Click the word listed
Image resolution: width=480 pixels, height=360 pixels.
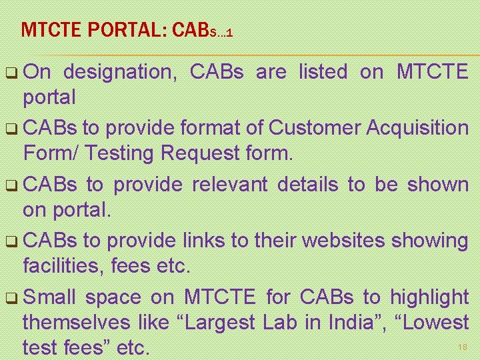click(x=322, y=72)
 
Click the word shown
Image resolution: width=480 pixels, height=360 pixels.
click(x=437, y=185)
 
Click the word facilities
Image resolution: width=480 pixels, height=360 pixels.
click(x=61, y=267)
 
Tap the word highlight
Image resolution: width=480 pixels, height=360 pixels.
click(x=430, y=297)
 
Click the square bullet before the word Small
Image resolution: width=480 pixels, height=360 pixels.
click(x=14, y=298)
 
